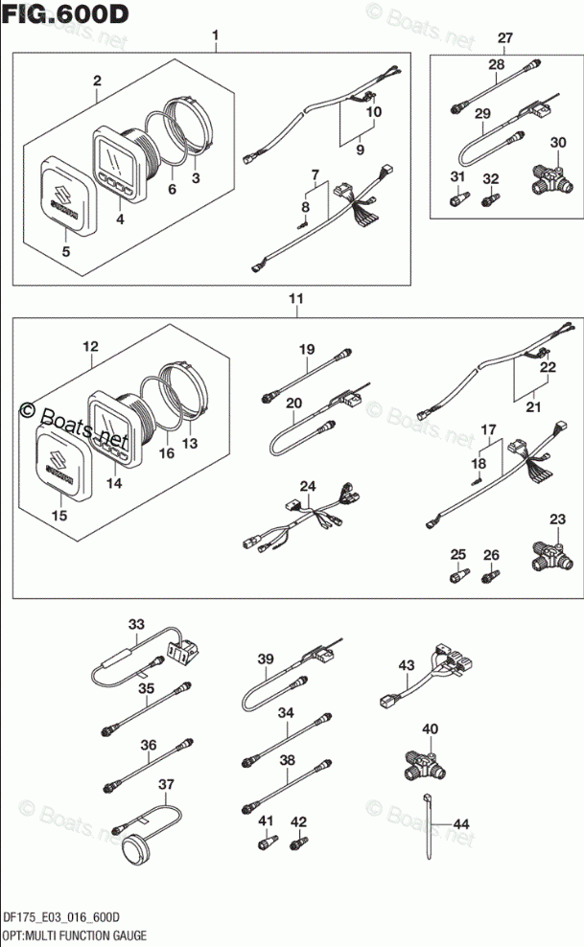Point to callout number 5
[64, 253]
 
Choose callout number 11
[297, 300]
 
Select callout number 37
[167, 784]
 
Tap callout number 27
[505, 38]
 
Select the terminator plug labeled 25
[458, 574]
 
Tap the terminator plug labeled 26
[491, 575]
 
